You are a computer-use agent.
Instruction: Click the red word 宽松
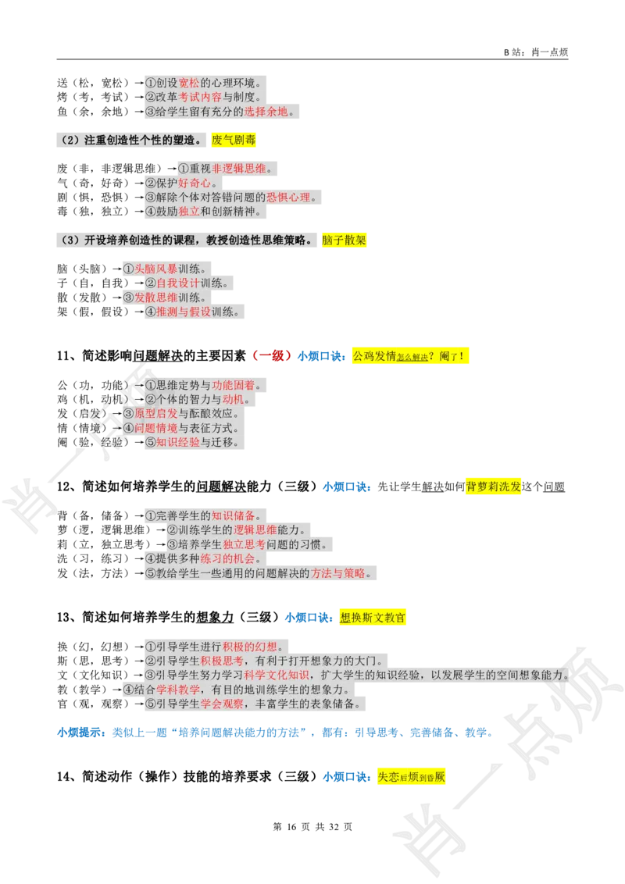point(189,83)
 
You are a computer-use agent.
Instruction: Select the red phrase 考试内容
point(200,98)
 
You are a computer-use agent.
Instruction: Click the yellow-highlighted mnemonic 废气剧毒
point(234,141)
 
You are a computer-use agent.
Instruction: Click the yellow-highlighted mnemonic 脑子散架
point(344,241)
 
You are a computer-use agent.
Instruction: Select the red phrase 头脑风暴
point(156,269)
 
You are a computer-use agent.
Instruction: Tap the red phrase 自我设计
point(178,283)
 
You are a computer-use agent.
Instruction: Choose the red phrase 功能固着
point(233,385)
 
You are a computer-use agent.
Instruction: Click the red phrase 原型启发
point(156,413)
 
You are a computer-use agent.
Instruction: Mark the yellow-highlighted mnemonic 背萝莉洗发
point(493,487)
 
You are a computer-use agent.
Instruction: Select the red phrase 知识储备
point(233,515)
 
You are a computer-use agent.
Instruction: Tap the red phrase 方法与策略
point(338,573)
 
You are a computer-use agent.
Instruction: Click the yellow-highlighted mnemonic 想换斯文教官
point(373,618)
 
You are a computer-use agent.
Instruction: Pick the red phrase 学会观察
point(222,704)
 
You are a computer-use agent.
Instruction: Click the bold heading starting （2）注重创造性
point(130,141)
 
